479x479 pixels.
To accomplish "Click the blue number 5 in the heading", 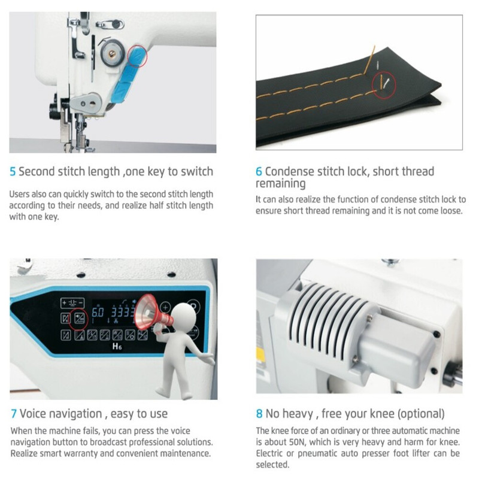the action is [x=13, y=172].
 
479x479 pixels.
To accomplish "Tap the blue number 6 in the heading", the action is [x=259, y=172].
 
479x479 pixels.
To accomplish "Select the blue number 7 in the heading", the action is [x=14, y=414].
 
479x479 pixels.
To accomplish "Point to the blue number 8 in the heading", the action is [x=259, y=414].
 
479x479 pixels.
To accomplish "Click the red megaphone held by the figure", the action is [x=152, y=312].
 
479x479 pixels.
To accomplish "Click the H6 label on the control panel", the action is [x=117, y=346].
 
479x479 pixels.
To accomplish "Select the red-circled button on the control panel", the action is [x=79, y=319].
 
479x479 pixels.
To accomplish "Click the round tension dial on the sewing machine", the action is [x=113, y=53].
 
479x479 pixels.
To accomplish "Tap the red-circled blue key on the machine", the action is [x=137, y=56].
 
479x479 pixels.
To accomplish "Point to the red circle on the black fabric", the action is [x=384, y=84].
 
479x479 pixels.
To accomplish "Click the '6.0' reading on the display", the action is [x=98, y=313].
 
